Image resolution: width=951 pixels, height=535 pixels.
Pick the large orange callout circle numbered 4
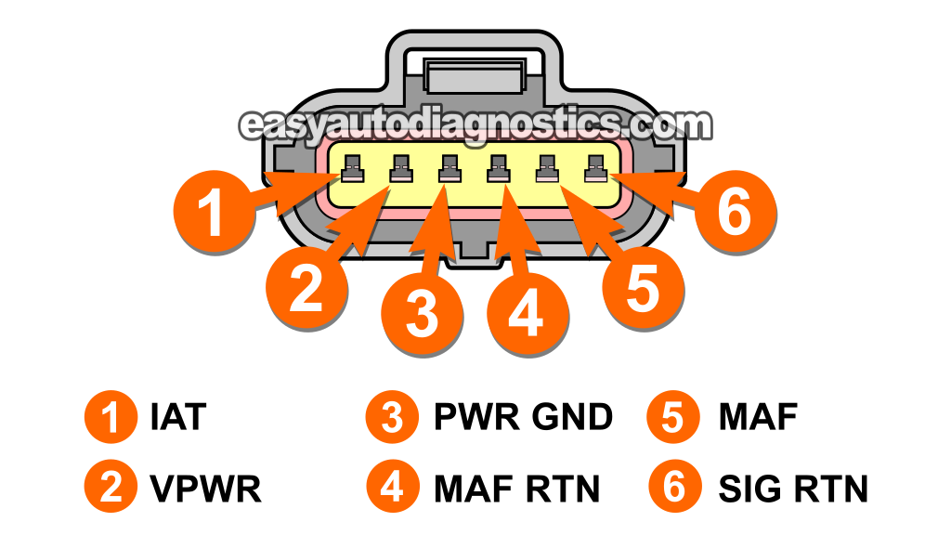(526, 312)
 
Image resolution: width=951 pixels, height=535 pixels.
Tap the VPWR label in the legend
(204, 488)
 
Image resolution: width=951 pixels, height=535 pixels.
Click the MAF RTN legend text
(516, 488)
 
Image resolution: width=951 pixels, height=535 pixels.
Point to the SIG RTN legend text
(793, 488)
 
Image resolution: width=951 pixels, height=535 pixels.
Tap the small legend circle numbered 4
(393, 488)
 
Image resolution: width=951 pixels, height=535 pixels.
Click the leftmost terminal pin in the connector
(353, 169)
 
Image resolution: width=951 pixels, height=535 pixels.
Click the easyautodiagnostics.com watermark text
(475, 124)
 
